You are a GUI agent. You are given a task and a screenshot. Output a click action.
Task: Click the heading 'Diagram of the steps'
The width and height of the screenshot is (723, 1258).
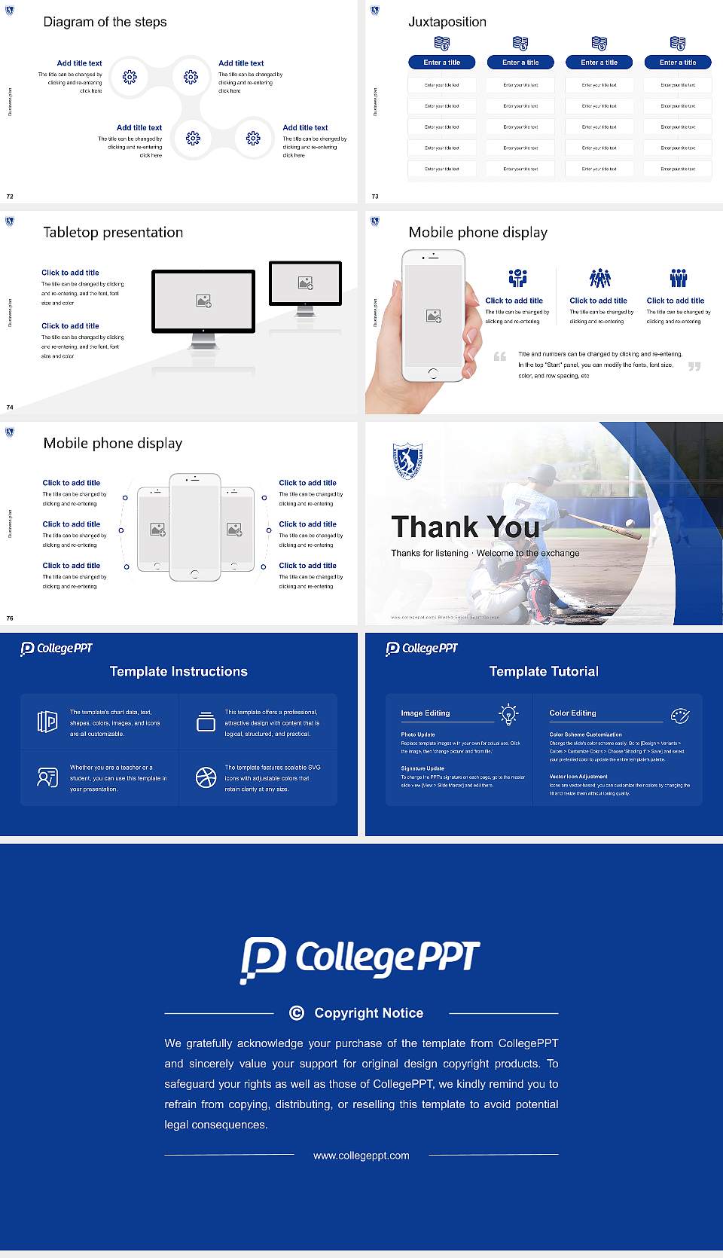pos(105,22)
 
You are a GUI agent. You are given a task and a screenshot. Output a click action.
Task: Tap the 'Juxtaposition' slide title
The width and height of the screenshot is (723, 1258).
pos(447,22)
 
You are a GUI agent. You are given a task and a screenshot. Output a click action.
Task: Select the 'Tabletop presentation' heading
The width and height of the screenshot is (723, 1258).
pos(113,232)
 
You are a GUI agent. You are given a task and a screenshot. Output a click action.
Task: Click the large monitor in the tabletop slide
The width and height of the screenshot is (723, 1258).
pos(203,301)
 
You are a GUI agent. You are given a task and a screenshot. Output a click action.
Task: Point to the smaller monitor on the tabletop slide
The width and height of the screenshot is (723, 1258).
pos(305,283)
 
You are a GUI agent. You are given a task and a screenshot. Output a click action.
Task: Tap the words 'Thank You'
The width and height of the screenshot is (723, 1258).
pos(465,527)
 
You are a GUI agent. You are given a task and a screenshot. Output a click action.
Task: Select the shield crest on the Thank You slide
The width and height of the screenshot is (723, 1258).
pos(407,460)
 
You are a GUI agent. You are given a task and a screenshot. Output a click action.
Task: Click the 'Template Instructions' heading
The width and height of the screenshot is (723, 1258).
pos(178,671)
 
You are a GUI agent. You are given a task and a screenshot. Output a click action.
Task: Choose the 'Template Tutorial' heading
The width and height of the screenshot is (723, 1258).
pos(544,671)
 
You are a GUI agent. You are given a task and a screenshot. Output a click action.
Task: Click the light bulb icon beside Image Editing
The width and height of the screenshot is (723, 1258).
pos(508,714)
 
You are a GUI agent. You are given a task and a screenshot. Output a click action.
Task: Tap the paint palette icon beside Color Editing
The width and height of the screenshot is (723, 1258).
pos(680,716)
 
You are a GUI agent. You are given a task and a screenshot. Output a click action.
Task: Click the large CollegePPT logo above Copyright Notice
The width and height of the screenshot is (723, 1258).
pos(360,959)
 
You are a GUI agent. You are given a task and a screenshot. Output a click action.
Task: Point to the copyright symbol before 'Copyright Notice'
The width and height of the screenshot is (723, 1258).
pos(297,1013)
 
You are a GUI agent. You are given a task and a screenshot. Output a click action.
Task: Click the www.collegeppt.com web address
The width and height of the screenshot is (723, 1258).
pos(361,1156)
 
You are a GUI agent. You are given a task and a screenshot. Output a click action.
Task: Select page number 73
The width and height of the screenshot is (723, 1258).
pos(375,197)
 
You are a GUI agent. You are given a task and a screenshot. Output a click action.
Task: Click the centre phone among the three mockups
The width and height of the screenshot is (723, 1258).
pos(195,527)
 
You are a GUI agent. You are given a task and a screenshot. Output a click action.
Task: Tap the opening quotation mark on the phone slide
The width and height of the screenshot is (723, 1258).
pos(499,356)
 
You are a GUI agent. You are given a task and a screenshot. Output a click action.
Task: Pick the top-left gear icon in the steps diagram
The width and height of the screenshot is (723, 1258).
pos(130,76)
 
